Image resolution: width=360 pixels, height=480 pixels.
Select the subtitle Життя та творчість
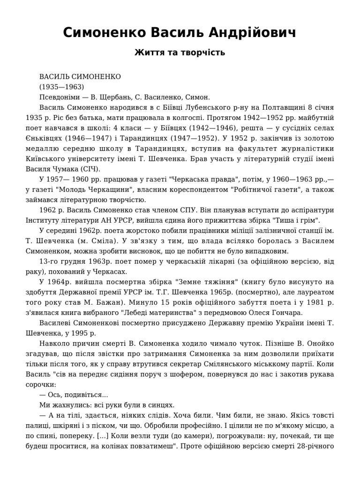(180, 52)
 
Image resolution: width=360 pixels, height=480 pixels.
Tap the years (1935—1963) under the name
(61, 87)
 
